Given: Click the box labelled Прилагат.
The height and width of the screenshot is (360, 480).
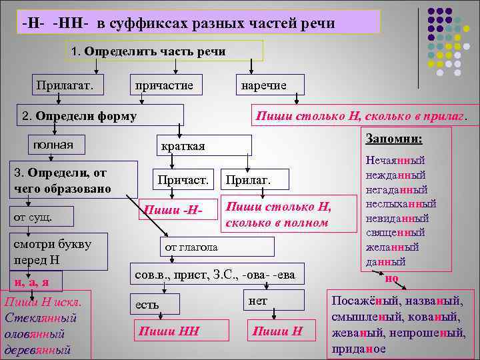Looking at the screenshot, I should point(64,85).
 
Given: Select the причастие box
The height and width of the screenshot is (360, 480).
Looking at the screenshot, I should point(164,85).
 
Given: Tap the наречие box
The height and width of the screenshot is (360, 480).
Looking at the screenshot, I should point(264,85).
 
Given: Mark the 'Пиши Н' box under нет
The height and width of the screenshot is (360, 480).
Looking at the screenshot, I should point(278,331).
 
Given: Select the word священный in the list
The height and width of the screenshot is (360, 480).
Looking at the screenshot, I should point(396,233).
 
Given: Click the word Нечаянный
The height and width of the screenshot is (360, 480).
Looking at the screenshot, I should point(396,161).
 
